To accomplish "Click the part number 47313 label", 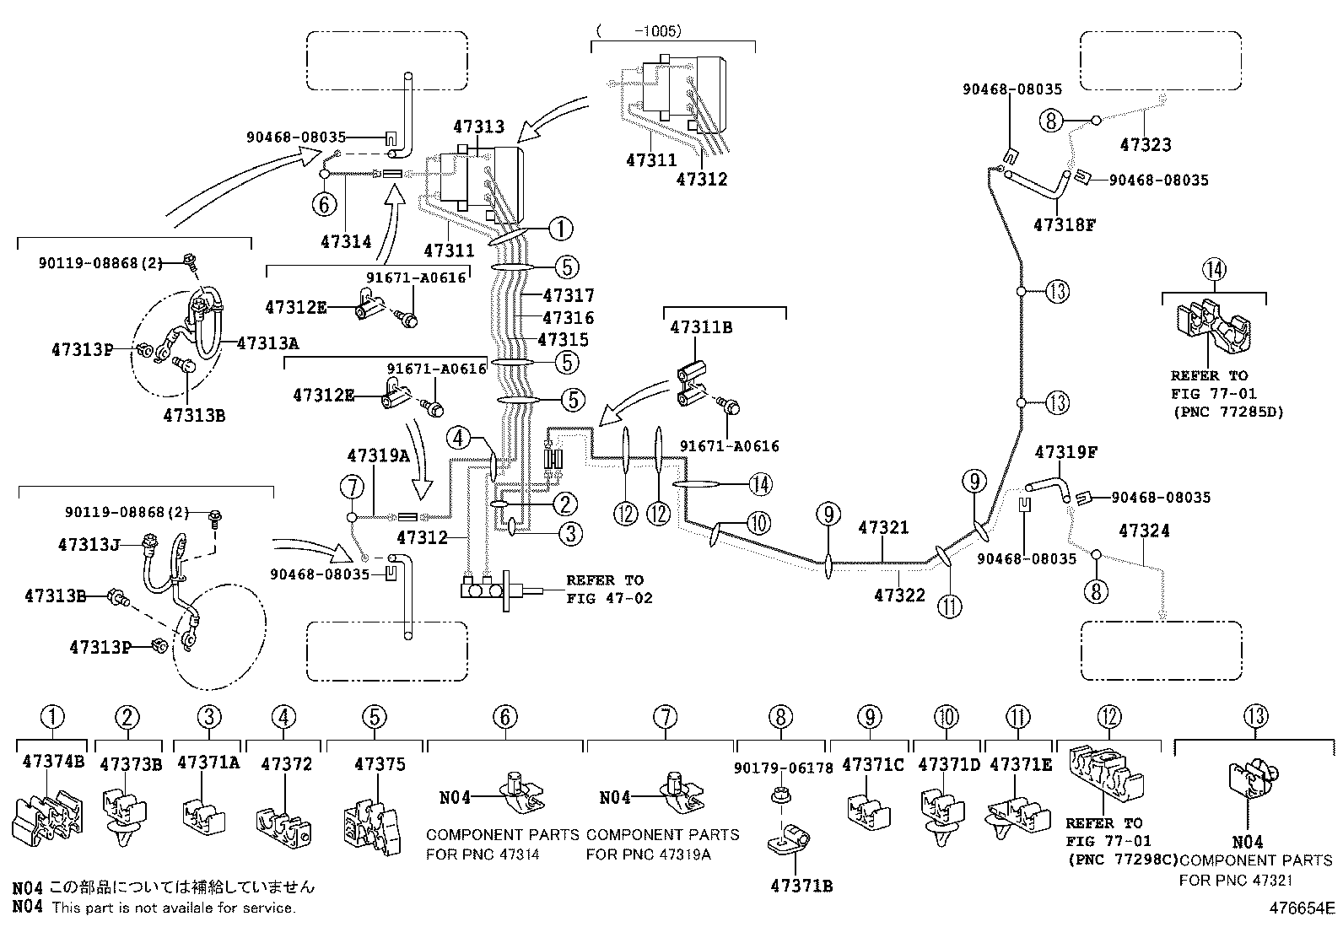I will tap(478, 127).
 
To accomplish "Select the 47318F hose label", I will tap(1064, 225).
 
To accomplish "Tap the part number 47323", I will tap(1145, 145).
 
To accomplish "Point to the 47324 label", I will tap(1144, 531).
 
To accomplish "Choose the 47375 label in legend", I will tap(380, 764).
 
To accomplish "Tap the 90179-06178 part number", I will tap(783, 768).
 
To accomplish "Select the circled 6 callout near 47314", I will tap(325, 204).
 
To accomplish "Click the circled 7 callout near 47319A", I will tap(352, 487).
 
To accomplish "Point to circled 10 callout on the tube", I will tap(758, 523).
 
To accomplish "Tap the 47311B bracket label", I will tap(701, 326).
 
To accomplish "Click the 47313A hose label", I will tap(267, 343).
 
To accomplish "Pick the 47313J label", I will tap(90, 545).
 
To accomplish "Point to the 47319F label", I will tap(1065, 452).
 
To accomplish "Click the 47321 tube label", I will tap(883, 528).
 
